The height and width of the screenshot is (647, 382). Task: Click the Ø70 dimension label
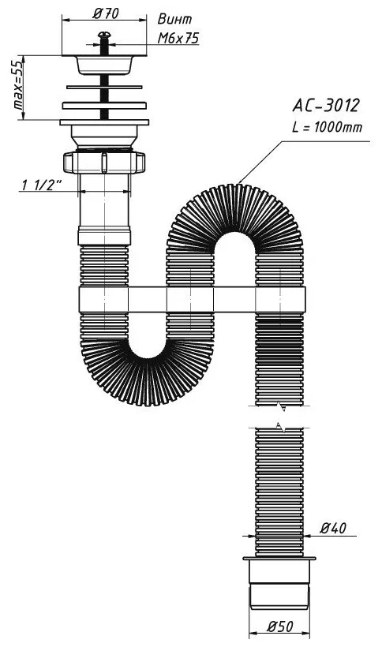pyautogui.click(x=106, y=13)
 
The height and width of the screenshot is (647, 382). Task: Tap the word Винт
pyautogui.click(x=175, y=19)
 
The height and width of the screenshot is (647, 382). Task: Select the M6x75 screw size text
pyautogui.click(x=178, y=39)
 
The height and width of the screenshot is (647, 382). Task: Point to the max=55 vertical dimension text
pyautogui.click(x=18, y=86)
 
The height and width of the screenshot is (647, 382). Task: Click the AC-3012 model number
pyautogui.click(x=326, y=106)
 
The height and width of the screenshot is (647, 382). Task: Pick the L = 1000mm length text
pyautogui.click(x=327, y=127)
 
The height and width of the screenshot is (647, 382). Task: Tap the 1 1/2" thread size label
pyautogui.click(x=41, y=185)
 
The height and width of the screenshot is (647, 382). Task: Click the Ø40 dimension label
pyautogui.click(x=333, y=528)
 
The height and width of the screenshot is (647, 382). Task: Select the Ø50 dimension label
pyautogui.click(x=279, y=626)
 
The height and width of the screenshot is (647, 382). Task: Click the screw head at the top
pyautogui.click(x=104, y=34)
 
